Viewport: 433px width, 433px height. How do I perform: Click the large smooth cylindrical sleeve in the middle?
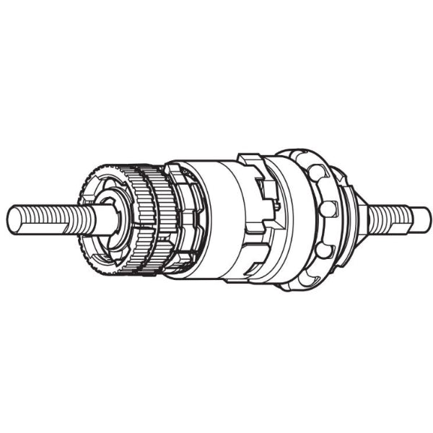coord(216,216)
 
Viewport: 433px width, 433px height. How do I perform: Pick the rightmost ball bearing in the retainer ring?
coord(329,210)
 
